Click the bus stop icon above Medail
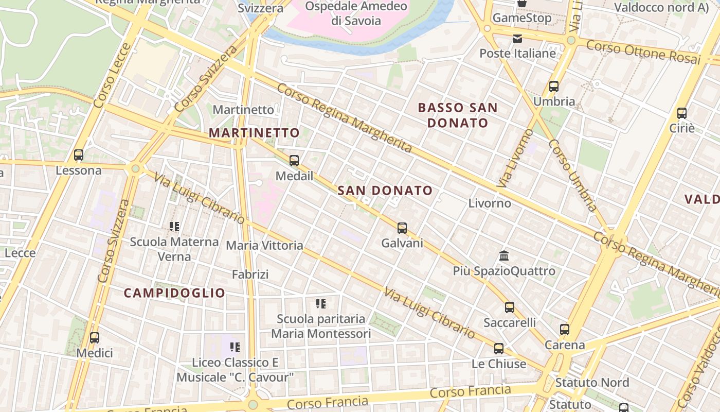click(x=294, y=161)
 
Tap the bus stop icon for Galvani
click(x=402, y=228)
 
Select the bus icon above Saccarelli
click(x=510, y=307)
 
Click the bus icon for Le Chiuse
click(x=499, y=349)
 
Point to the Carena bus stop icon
click(x=565, y=330)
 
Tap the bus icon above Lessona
click(x=79, y=155)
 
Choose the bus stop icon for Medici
click(x=95, y=338)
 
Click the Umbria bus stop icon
click(x=554, y=87)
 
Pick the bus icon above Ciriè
click(x=682, y=113)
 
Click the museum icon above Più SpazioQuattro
click(x=504, y=255)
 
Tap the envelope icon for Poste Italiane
click(x=517, y=39)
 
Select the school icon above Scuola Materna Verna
click(x=174, y=227)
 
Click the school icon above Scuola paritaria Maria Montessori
click(x=321, y=304)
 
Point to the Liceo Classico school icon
click(x=235, y=347)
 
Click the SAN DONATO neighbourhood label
click(x=385, y=191)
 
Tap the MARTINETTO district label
click(x=254, y=133)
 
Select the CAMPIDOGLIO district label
click(x=175, y=293)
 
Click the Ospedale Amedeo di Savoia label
click(x=356, y=13)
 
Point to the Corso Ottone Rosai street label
click(x=643, y=52)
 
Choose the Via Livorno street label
click(x=509, y=159)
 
